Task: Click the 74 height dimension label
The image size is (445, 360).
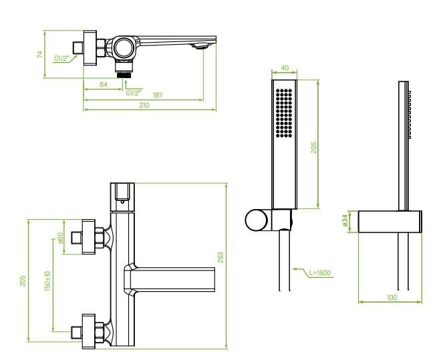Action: point(40,54)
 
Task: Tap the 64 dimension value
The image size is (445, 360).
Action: point(104,84)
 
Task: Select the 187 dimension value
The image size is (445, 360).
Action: point(158,95)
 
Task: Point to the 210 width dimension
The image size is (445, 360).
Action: point(144,105)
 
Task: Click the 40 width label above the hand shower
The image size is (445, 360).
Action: point(285,68)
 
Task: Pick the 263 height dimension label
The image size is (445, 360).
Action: point(220,256)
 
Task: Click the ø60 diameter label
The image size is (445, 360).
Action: point(60,238)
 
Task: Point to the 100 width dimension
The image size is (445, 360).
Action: point(392,297)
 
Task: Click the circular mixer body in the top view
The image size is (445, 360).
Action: point(123,46)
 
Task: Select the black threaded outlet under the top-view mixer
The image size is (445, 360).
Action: point(122,73)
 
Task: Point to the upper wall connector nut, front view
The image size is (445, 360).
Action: point(99,238)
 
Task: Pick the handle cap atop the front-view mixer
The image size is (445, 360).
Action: point(122,193)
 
